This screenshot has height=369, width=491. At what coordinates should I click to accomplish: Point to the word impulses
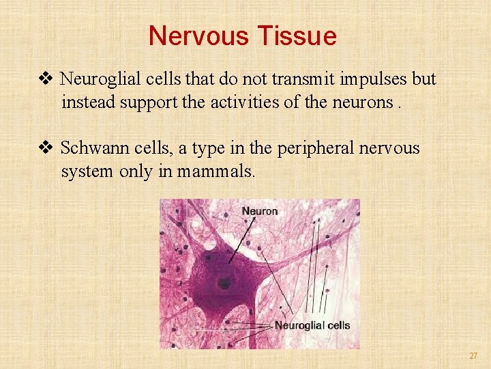(x=371, y=79)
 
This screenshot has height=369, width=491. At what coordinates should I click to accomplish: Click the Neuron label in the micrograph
(x=259, y=211)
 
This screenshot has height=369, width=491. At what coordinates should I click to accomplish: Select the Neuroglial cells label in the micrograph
(x=312, y=325)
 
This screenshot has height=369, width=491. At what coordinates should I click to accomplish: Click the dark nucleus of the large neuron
(x=223, y=282)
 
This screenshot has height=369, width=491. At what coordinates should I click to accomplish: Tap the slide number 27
(x=473, y=356)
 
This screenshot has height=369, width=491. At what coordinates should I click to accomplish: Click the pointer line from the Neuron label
(x=241, y=239)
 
